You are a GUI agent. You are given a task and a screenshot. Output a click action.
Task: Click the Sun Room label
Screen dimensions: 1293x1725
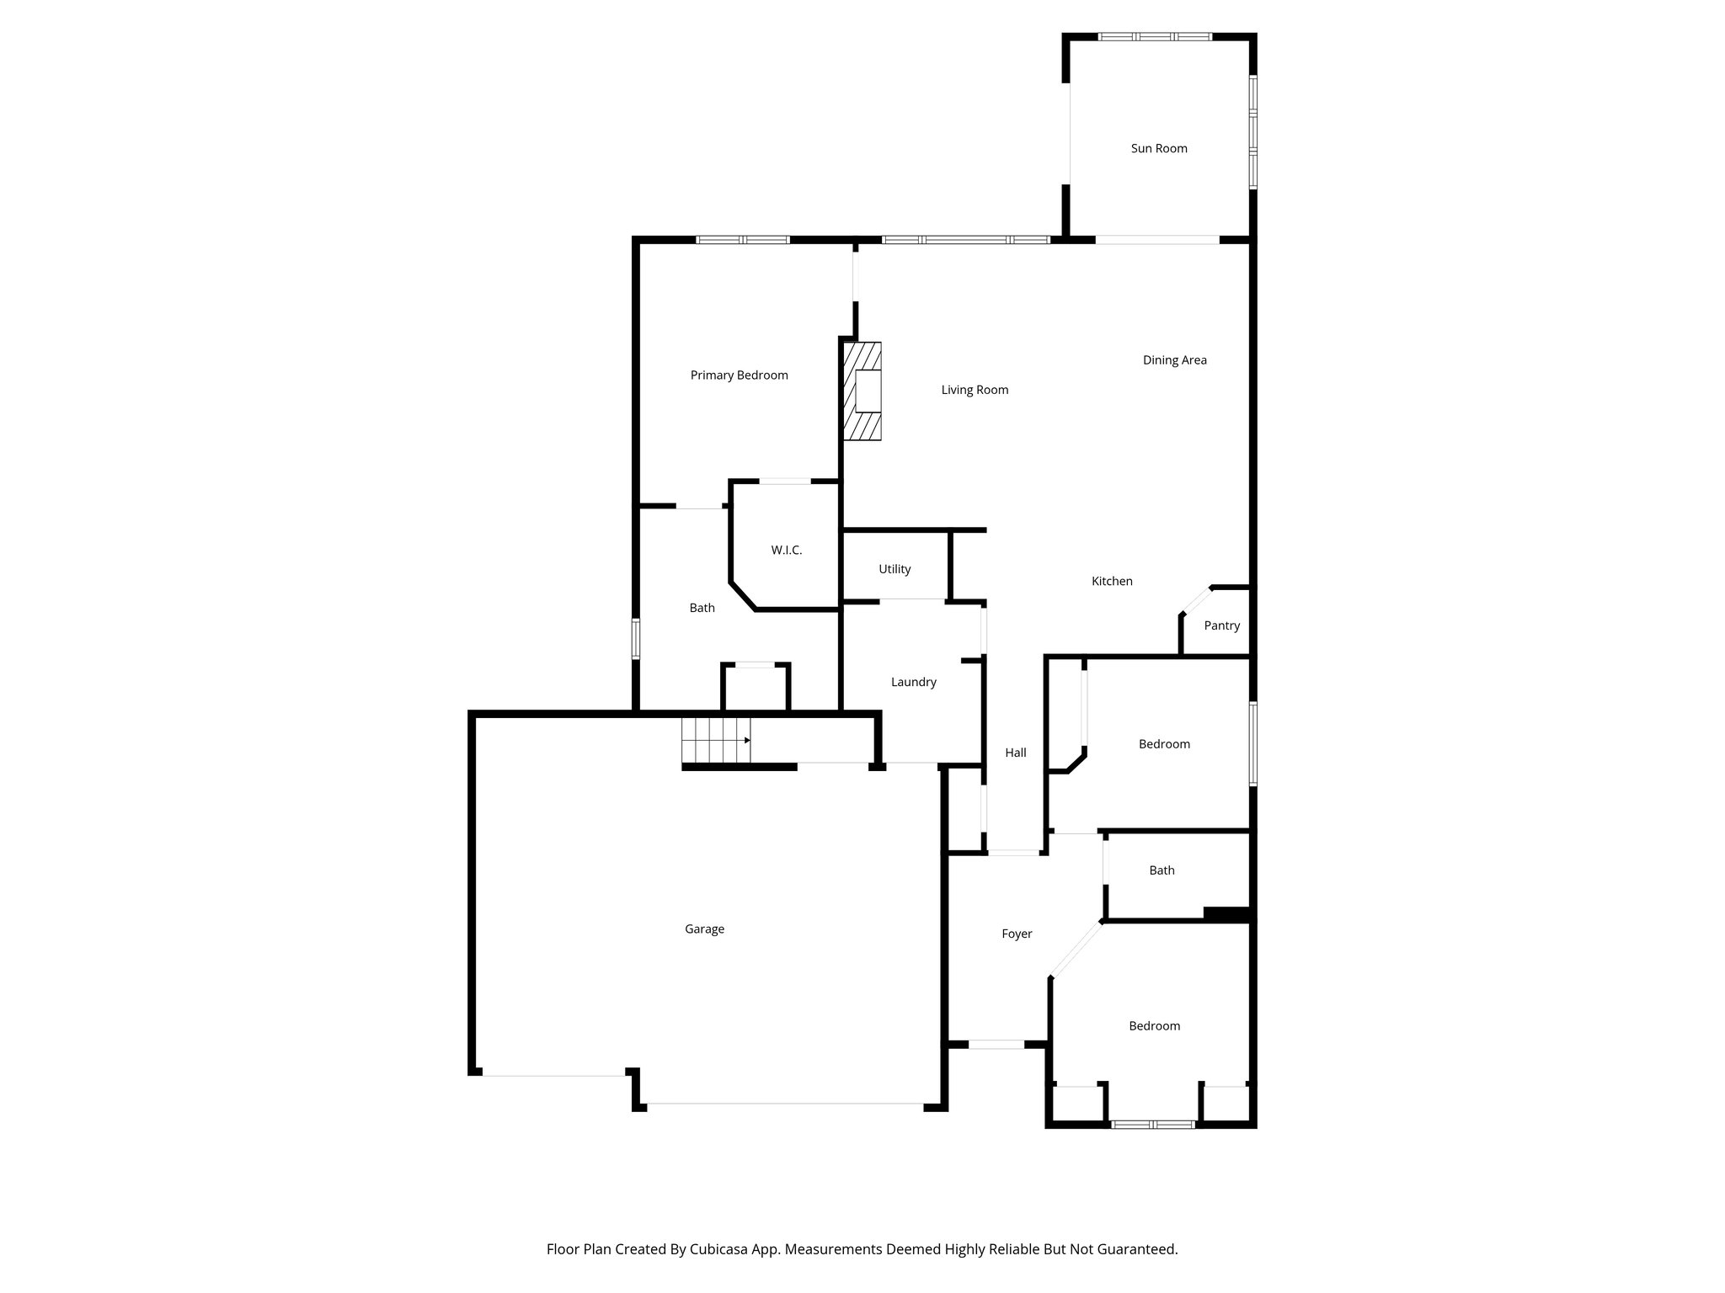click(x=1159, y=149)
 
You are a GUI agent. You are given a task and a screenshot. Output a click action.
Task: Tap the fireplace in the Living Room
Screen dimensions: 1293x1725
click(x=863, y=391)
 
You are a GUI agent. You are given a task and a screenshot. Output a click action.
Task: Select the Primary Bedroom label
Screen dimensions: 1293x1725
click(x=739, y=375)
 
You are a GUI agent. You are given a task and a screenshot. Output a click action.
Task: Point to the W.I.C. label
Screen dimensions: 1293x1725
click(x=786, y=551)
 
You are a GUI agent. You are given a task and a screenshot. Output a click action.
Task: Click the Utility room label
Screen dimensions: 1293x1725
click(x=895, y=570)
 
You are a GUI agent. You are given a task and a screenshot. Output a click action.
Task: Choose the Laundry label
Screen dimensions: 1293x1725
click(x=913, y=683)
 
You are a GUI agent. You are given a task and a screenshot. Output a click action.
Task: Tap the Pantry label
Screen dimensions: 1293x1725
click(x=1221, y=626)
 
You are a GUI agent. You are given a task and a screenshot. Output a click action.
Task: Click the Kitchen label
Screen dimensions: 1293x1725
click(x=1112, y=582)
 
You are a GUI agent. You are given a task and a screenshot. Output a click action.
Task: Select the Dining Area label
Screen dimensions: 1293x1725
click(x=1174, y=360)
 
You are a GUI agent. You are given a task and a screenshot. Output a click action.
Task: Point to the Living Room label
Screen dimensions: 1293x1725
click(x=975, y=391)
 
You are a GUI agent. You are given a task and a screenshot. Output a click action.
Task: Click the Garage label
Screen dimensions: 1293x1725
click(x=704, y=929)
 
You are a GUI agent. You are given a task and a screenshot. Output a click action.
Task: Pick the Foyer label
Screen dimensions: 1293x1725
click(x=1017, y=934)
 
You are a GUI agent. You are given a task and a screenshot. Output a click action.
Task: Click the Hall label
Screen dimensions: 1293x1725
click(x=1015, y=753)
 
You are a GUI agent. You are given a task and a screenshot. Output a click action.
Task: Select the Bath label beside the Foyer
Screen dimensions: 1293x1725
click(x=1162, y=871)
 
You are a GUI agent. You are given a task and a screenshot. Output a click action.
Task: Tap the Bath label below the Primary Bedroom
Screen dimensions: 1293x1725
click(x=702, y=609)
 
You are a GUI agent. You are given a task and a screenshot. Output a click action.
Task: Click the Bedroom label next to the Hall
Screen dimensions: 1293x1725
click(x=1164, y=744)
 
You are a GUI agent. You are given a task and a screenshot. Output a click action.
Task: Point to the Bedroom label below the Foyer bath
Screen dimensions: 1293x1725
click(x=1154, y=1026)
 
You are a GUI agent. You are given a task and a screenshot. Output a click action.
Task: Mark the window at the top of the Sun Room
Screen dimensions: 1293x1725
click(x=1155, y=37)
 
